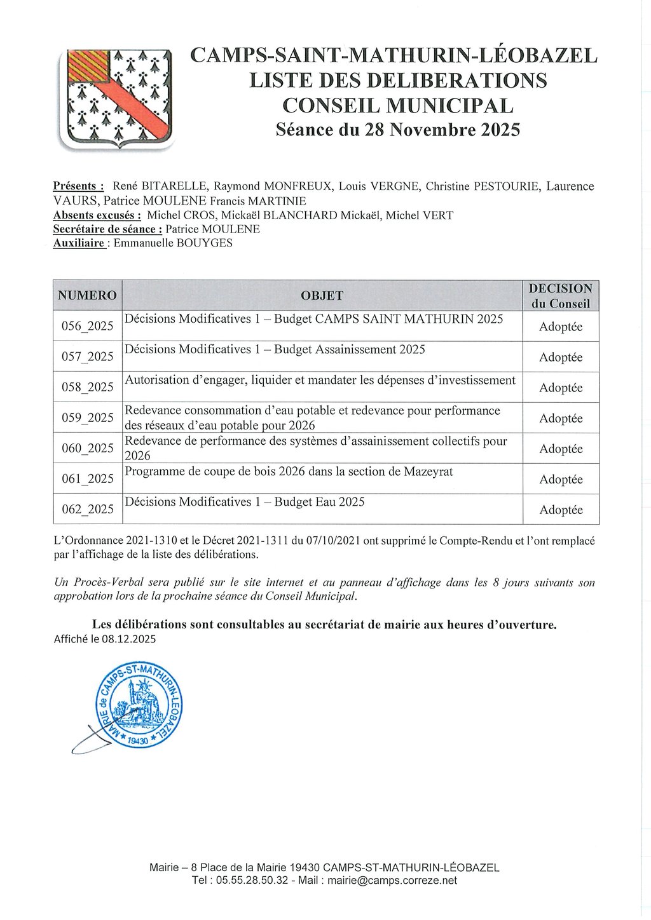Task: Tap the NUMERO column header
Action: pos(87,295)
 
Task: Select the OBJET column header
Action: pos(322,295)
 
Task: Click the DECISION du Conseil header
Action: pos(560,296)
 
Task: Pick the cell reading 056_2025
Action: pos(87,327)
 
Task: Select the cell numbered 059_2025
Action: pos(87,418)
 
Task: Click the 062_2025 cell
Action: pos(87,510)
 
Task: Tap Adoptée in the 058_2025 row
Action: pos(561,388)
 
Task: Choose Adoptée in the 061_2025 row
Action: pos(561,479)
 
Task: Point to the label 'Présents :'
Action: pos(78,186)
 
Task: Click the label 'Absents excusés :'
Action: pos(97,215)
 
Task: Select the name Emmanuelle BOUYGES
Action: pos(172,243)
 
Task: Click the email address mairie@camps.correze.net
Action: pos(392,881)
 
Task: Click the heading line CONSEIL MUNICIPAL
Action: pos(397,105)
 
